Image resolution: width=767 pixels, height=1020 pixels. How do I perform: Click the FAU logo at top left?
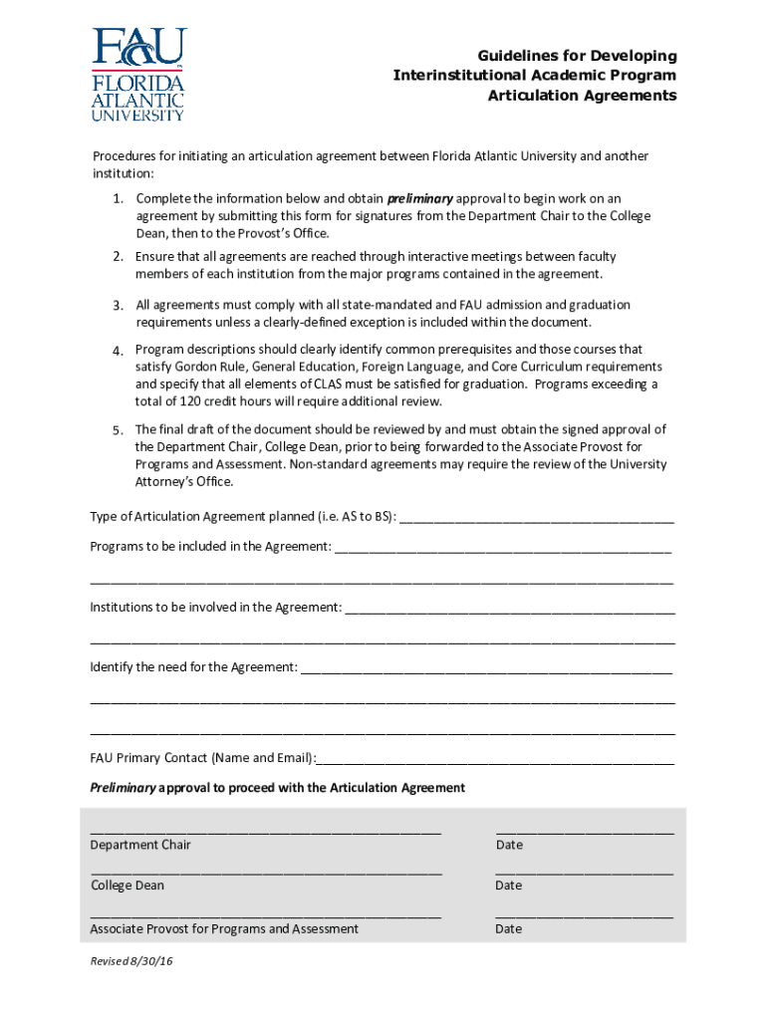pos(138,75)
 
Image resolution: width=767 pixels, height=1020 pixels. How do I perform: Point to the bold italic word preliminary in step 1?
pos(419,198)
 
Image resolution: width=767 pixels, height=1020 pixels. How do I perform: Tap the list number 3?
pos(117,305)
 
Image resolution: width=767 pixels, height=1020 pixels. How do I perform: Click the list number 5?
pos(117,429)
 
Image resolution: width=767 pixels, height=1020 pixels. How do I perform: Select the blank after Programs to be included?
pos(503,549)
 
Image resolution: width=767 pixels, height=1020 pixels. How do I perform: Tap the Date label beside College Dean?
pos(508,886)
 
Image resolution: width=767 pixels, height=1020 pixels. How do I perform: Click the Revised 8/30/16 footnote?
pos(129,961)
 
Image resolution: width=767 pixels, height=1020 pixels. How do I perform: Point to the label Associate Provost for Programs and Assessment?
pos(224,928)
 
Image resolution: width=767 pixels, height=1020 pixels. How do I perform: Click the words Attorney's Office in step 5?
pos(184,481)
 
